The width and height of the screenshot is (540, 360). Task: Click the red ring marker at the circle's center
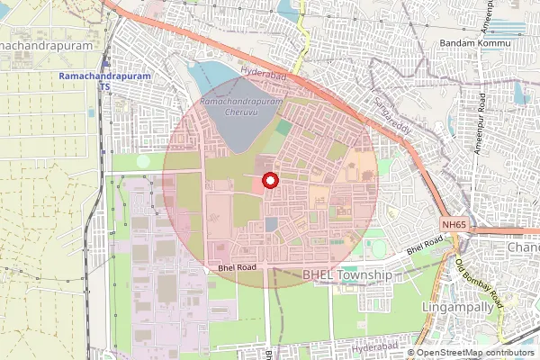pyautogui.click(x=268, y=180)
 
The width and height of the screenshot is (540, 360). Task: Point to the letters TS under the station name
pyautogui.click(x=103, y=86)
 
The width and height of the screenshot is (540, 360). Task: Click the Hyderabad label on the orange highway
pyautogui.click(x=263, y=75)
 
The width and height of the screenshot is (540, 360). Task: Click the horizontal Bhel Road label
pyautogui.click(x=238, y=267)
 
